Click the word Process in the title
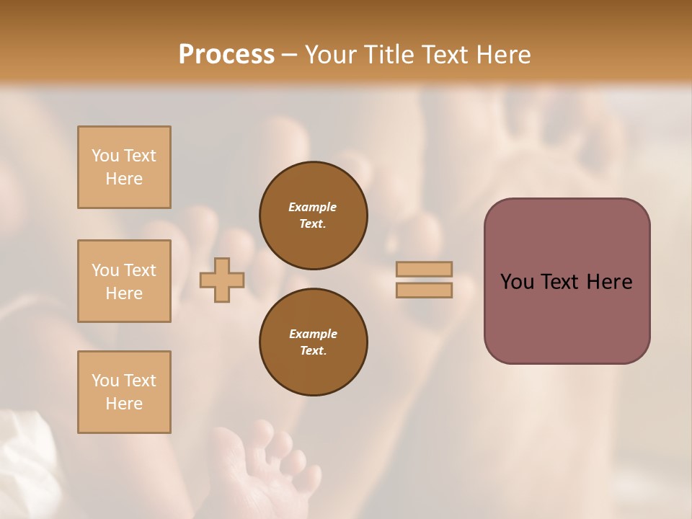click(x=226, y=55)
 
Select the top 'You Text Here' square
click(x=124, y=167)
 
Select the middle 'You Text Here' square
click(x=124, y=281)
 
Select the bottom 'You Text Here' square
click(x=124, y=392)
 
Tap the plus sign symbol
click(x=222, y=280)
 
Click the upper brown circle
click(x=313, y=215)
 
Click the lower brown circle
click(x=313, y=342)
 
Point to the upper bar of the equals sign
click(x=424, y=269)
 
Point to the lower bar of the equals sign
click(x=424, y=290)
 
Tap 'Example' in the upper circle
click(x=313, y=207)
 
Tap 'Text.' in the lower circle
click(x=313, y=351)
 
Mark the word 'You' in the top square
click(x=105, y=156)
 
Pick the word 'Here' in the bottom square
click(x=124, y=404)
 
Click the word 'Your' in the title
click(x=329, y=55)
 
